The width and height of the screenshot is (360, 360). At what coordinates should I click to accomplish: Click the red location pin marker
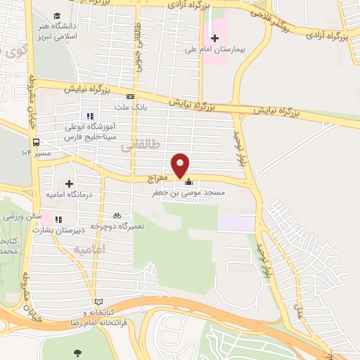(x=181, y=165)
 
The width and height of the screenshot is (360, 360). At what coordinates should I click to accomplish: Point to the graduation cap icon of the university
(x=56, y=15)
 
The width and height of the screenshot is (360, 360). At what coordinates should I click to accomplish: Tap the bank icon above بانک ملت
(x=130, y=97)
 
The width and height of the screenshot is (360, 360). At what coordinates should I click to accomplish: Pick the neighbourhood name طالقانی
(x=141, y=144)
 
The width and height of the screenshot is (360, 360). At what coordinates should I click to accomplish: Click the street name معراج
(x=157, y=179)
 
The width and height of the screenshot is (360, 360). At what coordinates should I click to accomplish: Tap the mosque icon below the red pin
(x=187, y=184)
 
